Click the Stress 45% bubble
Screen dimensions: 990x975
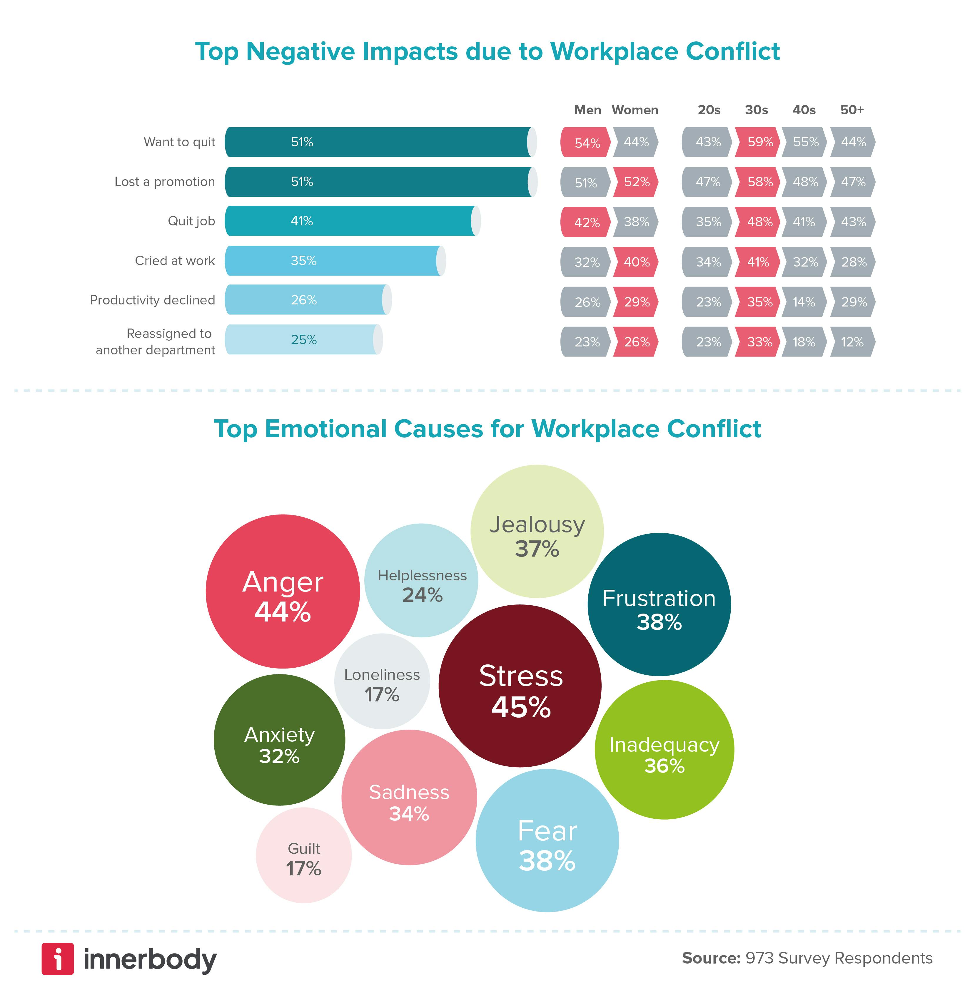point(520,686)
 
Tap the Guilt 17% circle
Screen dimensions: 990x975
point(304,855)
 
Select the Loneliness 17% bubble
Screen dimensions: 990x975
point(382,681)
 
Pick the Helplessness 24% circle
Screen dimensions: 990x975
point(421,580)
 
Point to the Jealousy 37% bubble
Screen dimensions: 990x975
point(537,531)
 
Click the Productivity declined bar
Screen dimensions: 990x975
point(307,300)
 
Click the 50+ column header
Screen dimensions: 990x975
point(852,110)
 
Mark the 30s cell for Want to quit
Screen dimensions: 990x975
point(758,142)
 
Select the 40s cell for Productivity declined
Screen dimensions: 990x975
point(804,302)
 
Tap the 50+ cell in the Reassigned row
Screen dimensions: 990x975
point(853,342)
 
